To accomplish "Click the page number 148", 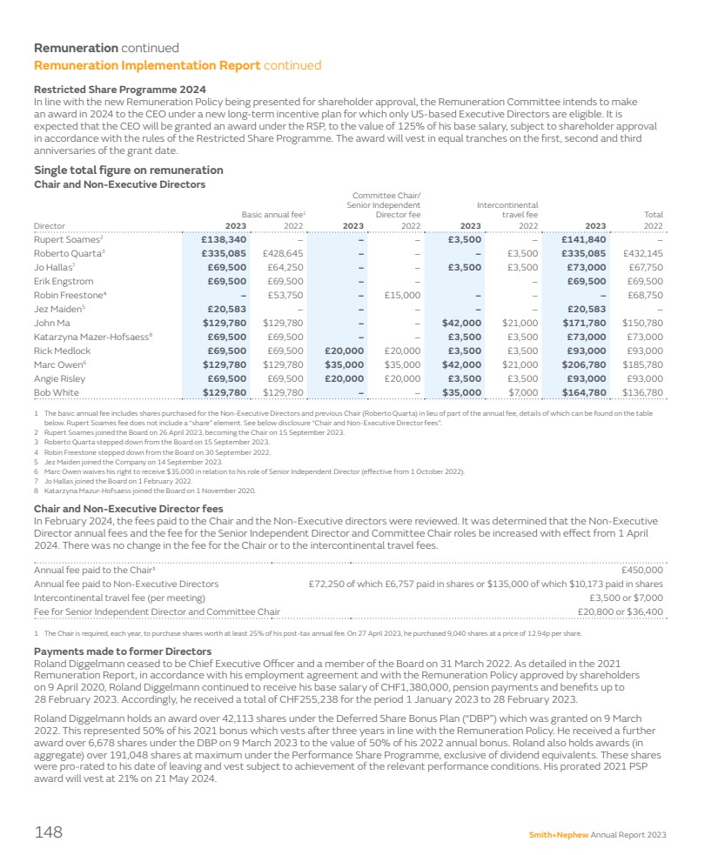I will click(48, 833).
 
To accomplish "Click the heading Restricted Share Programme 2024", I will click(119, 90).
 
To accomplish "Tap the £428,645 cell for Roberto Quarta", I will click(283, 253).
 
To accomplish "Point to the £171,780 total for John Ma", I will click(583, 323).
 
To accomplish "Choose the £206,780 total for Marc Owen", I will click(583, 364).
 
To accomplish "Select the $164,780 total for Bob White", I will click(583, 392).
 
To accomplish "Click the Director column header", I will click(49, 226).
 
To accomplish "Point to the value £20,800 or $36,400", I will click(620, 612).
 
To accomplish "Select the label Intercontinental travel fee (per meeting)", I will click(119, 598).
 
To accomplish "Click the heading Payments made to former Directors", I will click(122, 651).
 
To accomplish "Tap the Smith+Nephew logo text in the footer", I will click(558, 835).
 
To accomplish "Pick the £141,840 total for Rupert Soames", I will click(583, 239).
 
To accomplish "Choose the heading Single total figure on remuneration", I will click(128, 170).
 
